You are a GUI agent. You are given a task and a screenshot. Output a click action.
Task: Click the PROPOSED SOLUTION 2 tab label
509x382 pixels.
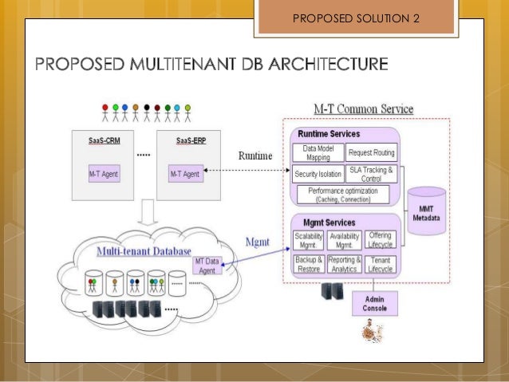[356, 18]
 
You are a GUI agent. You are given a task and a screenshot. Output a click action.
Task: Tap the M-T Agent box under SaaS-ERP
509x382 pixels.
[185, 172]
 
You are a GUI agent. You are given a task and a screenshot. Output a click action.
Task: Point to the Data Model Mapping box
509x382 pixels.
[319, 152]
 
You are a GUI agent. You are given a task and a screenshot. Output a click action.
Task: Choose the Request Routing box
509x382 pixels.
[372, 152]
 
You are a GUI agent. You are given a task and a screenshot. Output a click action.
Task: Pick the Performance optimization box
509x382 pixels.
[343, 194]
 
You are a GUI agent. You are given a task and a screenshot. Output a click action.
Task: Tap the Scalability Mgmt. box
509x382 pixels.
[309, 240]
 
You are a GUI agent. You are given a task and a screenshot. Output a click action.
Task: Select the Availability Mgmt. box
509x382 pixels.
[344, 240]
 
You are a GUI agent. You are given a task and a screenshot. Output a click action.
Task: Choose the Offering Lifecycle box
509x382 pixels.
[381, 240]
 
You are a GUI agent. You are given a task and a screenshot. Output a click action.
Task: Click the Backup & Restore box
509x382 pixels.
[309, 264]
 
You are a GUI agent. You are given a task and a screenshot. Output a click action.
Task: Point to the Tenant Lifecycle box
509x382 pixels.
[381, 264]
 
